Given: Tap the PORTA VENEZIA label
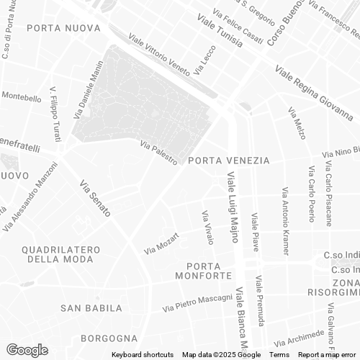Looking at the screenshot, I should click(x=228, y=161).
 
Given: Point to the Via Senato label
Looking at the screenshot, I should click(x=95, y=197).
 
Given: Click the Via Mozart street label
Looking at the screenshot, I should click(x=161, y=243).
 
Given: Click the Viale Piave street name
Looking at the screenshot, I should click(x=254, y=231).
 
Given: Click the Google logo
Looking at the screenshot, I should click(x=27, y=350).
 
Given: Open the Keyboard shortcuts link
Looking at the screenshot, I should click(x=143, y=355).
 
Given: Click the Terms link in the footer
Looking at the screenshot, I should click(x=279, y=355).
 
